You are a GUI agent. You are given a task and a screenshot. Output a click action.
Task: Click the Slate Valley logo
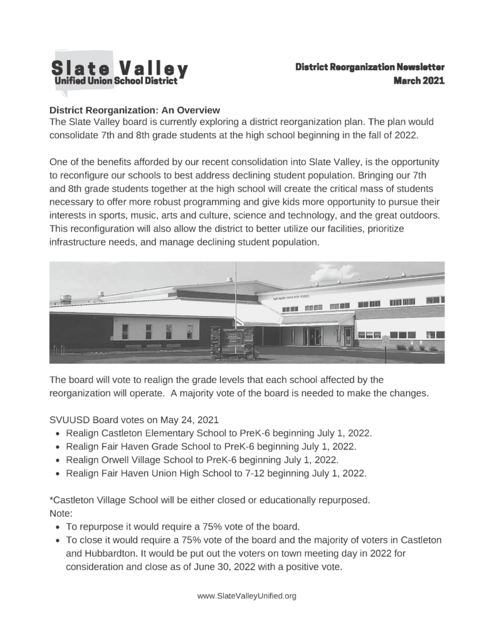(x=119, y=70)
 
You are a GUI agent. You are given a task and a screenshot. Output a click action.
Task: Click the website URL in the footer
(x=246, y=597)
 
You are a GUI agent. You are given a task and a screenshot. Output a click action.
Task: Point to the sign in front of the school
(x=231, y=342)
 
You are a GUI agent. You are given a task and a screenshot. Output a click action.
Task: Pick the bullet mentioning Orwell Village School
(x=202, y=459)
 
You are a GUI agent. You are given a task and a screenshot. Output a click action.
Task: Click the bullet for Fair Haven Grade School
(x=210, y=446)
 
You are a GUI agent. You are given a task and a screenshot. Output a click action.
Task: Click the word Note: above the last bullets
(x=60, y=513)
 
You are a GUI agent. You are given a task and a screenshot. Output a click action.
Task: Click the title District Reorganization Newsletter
(x=370, y=66)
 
